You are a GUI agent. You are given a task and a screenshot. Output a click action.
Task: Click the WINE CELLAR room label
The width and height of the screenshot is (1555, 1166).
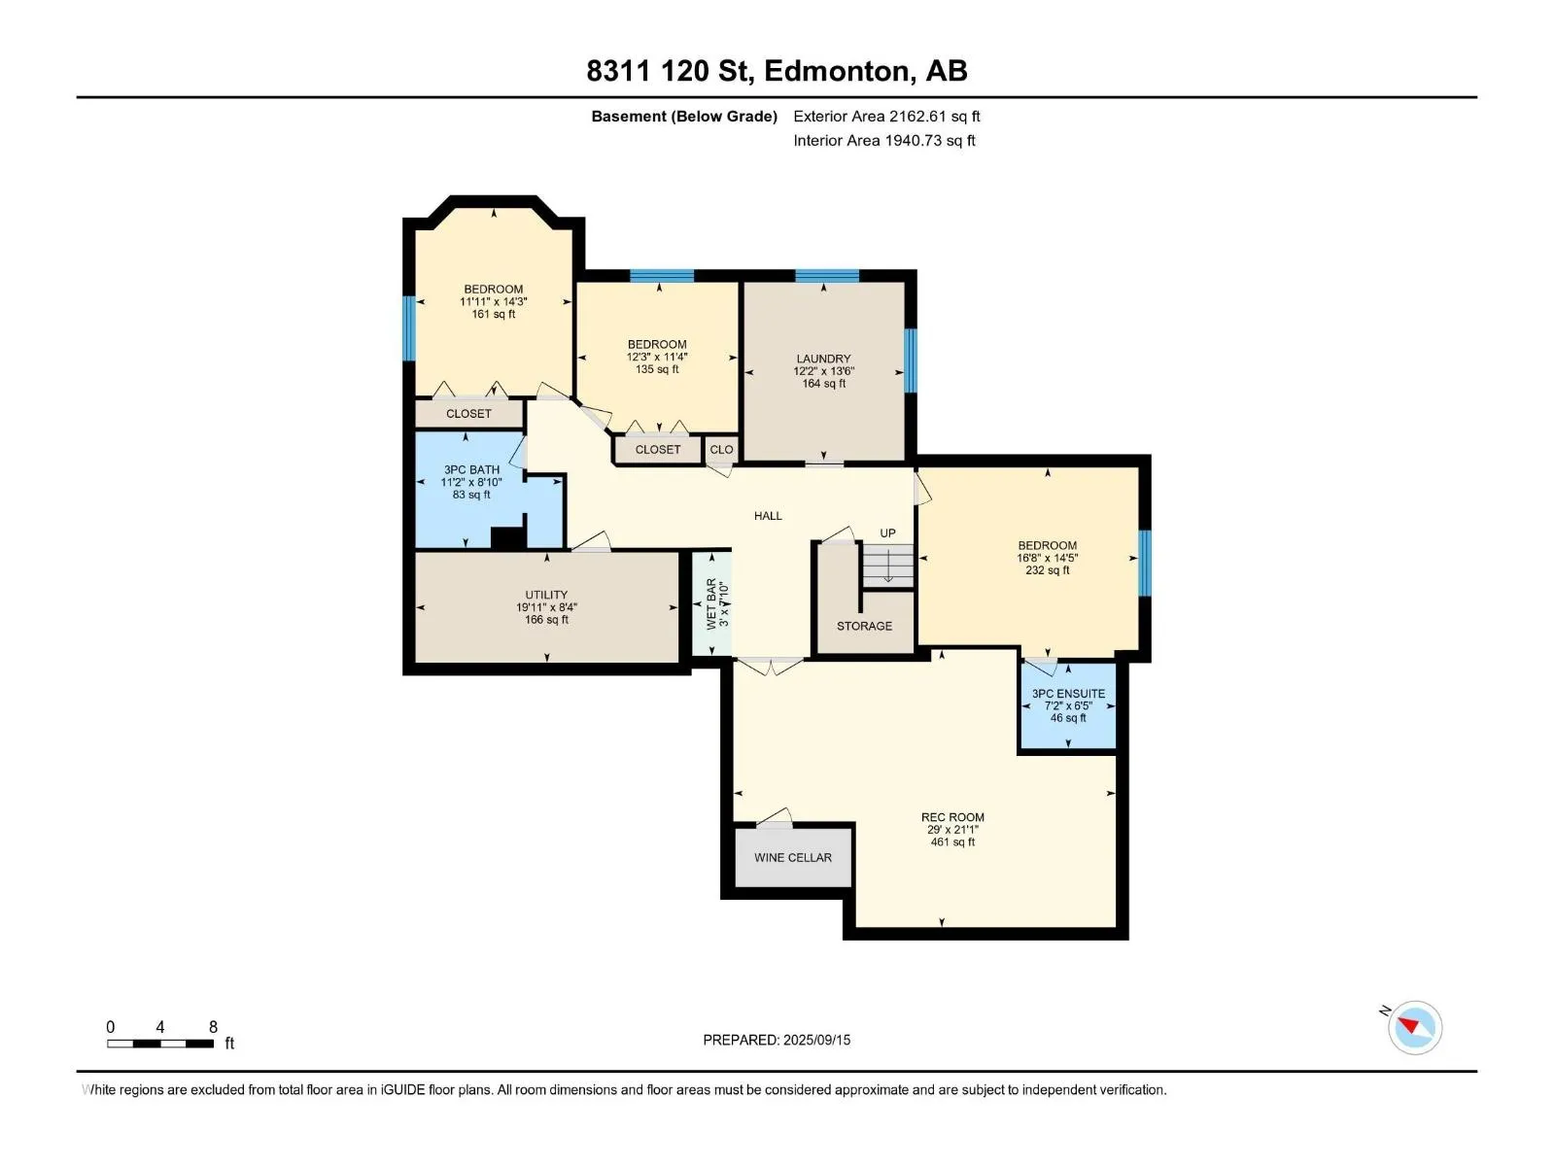pyautogui.click(x=793, y=857)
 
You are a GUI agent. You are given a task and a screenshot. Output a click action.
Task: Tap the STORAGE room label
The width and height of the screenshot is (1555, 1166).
pyautogui.click(x=864, y=626)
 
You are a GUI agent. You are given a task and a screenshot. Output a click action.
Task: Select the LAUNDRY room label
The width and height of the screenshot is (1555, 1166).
pyautogui.click(x=823, y=359)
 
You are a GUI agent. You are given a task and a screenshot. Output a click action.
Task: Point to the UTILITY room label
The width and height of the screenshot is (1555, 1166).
pyautogui.click(x=546, y=595)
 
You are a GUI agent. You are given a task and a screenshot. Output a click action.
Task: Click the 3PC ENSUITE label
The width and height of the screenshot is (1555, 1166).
pyautogui.click(x=1068, y=694)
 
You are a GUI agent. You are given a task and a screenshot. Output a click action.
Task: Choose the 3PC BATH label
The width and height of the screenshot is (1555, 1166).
pyautogui.click(x=471, y=469)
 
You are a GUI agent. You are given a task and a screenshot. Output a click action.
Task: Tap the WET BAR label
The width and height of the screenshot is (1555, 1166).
pyautogui.click(x=711, y=603)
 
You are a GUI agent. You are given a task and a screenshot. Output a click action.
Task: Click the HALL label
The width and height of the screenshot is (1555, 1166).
pyautogui.click(x=768, y=516)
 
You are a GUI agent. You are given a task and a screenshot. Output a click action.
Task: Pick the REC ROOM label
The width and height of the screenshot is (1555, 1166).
pyautogui.click(x=952, y=817)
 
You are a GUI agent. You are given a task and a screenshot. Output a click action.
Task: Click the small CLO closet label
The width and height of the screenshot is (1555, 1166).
pyautogui.click(x=721, y=450)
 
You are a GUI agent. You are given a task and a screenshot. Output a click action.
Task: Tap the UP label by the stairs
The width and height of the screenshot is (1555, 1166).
pyautogui.click(x=887, y=533)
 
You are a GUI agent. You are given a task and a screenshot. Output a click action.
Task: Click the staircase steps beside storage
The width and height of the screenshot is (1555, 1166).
pyautogui.click(x=887, y=566)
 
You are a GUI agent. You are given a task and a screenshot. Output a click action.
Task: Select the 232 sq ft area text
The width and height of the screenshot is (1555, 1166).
pyautogui.click(x=1047, y=570)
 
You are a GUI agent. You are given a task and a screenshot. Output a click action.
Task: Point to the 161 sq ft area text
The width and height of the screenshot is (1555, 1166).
pyautogui.click(x=494, y=314)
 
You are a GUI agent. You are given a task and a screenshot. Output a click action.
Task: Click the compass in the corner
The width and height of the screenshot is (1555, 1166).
pyautogui.click(x=1415, y=1027)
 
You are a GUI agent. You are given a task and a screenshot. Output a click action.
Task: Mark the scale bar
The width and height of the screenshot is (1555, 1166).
pyautogui.click(x=160, y=1043)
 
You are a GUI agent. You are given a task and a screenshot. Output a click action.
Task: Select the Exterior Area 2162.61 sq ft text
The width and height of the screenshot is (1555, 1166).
pyautogui.click(x=887, y=116)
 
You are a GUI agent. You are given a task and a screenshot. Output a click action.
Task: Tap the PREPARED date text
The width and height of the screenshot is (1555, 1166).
pyautogui.click(x=777, y=1040)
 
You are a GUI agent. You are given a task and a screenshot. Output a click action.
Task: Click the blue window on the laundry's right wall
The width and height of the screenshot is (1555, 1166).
pyautogui.click(x=911, y=360)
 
